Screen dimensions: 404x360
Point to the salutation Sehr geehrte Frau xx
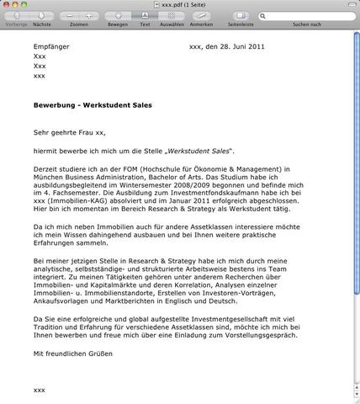tap(70, 132)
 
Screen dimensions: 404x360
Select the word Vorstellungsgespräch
tap(256, 337)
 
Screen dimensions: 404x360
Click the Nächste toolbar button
tap(42, 16)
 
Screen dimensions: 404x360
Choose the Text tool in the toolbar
tap(144, 16)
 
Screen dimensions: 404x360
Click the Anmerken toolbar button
tap(202, 16)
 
